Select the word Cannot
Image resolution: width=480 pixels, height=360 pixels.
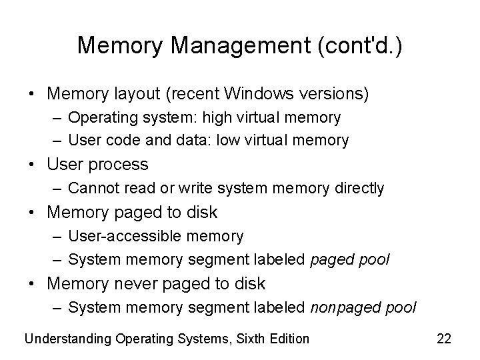tap(91, 189)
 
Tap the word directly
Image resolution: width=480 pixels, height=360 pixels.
tap(360, 189)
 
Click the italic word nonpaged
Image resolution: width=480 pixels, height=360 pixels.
tap(340, 307)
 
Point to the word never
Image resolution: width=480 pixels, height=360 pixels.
tap(134, 283)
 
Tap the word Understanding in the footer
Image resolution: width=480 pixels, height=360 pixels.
tap(67, 339)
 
